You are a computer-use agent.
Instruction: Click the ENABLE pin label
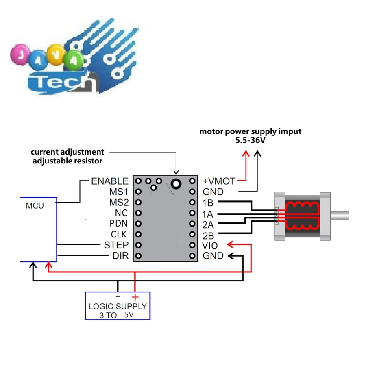[x=109, y=181]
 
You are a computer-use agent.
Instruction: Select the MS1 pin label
[x=119, y=192]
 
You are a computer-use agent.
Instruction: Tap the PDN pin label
[x=119, y=224]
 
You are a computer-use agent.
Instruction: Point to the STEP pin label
[x=116, y=245]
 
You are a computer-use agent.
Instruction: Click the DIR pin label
[x=120, y=256]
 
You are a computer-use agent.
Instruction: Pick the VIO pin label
[x=210, y=245]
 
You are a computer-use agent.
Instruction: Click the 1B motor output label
[x=208, y=203]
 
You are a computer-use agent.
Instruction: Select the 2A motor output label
[x=208, y=224]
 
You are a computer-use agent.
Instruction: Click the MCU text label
[x=35, y=206]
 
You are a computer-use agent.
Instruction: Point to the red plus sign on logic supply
[x=135, y=297]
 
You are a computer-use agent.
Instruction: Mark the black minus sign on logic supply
[x=118, y=296]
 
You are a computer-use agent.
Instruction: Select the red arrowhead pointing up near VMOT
[x=245, y=154]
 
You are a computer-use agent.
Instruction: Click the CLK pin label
[x=119, y=235]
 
